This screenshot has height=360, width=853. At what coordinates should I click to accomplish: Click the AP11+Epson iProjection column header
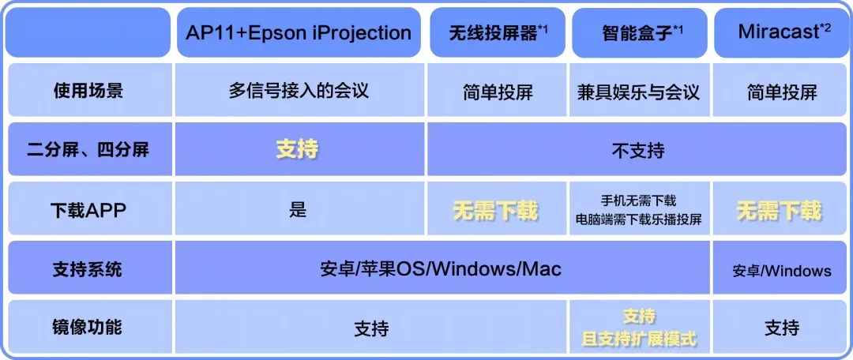point(298,32)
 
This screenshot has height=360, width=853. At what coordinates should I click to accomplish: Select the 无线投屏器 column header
point(498,33)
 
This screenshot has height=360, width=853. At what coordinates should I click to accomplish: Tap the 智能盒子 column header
point(639,33)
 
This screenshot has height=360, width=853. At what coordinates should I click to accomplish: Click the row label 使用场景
point(88,90)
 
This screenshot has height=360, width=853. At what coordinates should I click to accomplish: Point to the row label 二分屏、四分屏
point(88,149)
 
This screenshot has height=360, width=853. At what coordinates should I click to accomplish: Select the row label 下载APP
point(88,210)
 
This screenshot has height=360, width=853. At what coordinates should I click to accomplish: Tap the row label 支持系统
point(88,269)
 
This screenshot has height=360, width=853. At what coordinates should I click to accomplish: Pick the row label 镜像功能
point(88,327)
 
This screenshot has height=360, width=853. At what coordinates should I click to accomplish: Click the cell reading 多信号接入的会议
point(298,90)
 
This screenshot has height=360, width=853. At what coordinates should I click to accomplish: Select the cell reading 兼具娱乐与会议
point(639,92)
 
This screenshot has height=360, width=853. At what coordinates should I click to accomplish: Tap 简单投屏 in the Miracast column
point(782,92)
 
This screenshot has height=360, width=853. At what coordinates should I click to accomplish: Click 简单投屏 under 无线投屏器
point(498,92)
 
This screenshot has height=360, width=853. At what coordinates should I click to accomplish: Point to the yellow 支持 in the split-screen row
point(297,150)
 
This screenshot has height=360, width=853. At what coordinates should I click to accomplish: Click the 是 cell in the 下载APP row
point(298,210)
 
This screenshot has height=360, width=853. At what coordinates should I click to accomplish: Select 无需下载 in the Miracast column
point(779,211)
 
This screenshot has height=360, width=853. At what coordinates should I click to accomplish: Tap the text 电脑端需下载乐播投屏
point(639,219)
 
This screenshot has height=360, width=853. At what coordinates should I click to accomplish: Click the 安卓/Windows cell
point(782,271)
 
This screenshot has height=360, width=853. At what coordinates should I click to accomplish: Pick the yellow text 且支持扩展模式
point(639,339)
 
